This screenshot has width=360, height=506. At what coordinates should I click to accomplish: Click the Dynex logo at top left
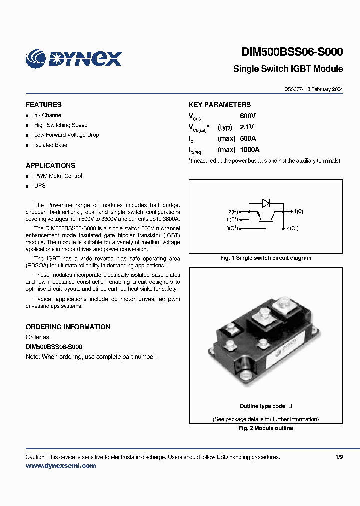coord(74,58)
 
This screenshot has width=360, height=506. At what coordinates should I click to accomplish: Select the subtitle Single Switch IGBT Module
coord(288,69)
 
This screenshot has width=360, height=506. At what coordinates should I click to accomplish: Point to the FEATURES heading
coord(44,105)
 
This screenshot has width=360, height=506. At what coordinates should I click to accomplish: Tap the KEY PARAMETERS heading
coord(220,105)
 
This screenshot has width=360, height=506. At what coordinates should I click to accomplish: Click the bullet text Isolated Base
coord(50,145)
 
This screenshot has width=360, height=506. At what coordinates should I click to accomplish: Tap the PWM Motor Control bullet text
coord(58,176)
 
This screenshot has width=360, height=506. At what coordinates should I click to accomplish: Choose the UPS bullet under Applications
coord(40,186)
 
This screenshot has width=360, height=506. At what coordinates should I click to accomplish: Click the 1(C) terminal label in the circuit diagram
coord(298,211)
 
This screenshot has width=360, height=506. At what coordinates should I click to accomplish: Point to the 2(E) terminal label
coord(233,212)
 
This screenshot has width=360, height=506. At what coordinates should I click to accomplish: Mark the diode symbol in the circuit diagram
coord(266,203)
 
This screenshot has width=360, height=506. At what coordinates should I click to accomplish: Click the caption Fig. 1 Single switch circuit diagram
coord(266,258)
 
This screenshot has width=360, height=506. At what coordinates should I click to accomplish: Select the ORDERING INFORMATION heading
coord(68,327)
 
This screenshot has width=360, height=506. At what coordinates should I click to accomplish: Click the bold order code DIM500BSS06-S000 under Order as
coord(54,347)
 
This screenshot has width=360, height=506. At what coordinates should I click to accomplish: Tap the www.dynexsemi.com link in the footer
coord(60,466)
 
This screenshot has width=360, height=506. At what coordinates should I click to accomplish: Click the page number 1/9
coord(339,457)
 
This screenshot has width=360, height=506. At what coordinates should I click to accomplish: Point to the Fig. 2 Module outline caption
coord(266,428)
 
